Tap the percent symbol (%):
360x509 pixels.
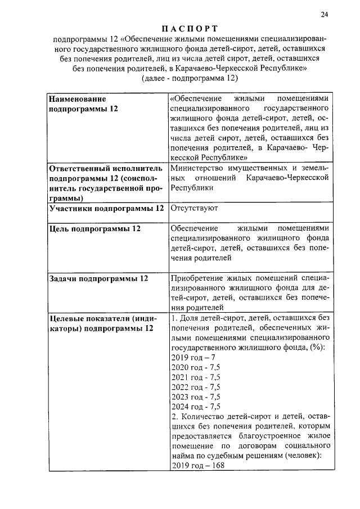(x=320, y=347)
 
